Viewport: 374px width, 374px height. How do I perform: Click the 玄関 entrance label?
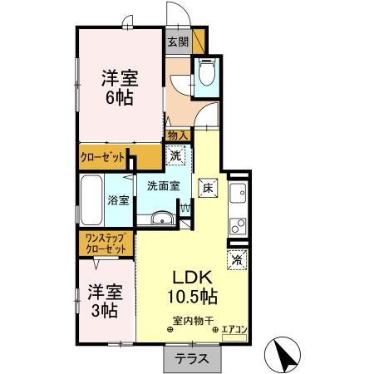tap(178, 41)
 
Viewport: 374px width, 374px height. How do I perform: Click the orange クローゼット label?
tap(104, 156)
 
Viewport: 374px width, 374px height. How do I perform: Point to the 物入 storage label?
tap(177, 135)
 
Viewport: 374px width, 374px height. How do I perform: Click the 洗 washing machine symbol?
tap(176, 155)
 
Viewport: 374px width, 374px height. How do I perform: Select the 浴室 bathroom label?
tap(119, 200)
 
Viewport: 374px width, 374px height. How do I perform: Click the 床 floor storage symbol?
tap(208, 188)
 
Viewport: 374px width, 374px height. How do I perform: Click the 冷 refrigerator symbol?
tap(236, 258)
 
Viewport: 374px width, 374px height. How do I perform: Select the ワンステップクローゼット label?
tap(104, 244)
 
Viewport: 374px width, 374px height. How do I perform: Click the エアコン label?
tap(233, 330)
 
